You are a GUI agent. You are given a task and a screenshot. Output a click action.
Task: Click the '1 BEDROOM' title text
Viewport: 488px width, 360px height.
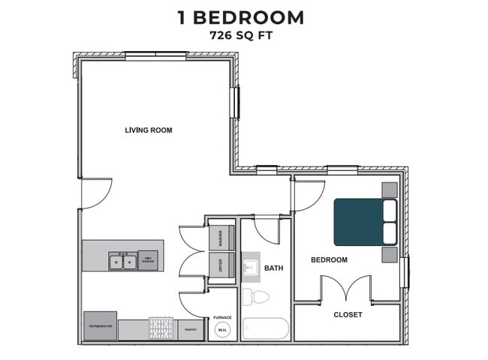coord(241,17)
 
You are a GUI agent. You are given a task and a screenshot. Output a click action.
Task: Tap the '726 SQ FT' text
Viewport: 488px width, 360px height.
coord(241,34)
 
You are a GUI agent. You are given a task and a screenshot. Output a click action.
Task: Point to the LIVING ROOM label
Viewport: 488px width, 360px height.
coord(149,130)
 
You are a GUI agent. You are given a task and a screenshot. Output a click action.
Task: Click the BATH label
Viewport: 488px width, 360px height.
coord(273,268)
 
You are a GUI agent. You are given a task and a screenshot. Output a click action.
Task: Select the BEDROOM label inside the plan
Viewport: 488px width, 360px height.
coord(330,259)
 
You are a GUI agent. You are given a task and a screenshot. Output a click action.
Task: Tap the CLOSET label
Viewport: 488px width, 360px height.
coord(348,314)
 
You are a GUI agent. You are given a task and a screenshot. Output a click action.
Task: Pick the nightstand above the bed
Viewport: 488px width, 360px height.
coord(390,190)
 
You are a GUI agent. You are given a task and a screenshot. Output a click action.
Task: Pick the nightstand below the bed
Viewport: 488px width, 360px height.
coord(390,254)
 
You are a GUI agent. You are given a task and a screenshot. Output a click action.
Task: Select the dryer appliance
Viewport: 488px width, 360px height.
coord(221,264)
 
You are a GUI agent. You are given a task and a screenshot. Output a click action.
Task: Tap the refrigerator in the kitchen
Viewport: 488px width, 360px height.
coord(100,326)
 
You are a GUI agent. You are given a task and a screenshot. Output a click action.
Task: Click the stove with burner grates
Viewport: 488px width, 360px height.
coord(161,328)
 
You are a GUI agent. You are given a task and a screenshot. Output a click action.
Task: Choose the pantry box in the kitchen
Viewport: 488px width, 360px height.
coord(190,329)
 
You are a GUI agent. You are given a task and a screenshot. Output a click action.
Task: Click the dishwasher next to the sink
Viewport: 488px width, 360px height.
coord(149,261)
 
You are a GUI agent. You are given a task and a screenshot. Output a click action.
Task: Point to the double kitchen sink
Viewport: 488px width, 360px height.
coord(122,262)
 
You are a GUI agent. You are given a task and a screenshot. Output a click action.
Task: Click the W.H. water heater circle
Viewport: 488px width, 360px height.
coord(222,330)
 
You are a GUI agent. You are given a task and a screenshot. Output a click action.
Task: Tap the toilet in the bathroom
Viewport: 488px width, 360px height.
coord(257,296)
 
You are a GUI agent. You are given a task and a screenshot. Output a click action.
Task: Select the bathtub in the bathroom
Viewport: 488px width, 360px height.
coord(265,328)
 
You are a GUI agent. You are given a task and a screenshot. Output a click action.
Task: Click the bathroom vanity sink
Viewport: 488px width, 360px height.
coord(251,266)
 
